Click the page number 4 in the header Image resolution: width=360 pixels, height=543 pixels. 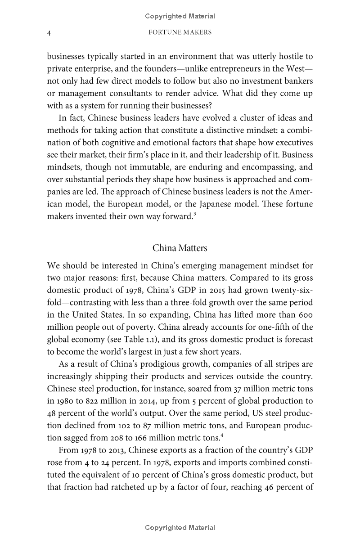[x=49, y=32]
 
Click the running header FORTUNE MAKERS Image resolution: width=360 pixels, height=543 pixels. [x=180, y=32]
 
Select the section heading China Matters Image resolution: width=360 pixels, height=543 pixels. [x=180, y=248]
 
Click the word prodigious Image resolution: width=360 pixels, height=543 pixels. [x=152, y=364]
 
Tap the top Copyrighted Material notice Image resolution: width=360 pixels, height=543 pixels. [x=180, y=16]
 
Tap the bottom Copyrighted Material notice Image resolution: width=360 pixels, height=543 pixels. [x=180, y=528]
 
